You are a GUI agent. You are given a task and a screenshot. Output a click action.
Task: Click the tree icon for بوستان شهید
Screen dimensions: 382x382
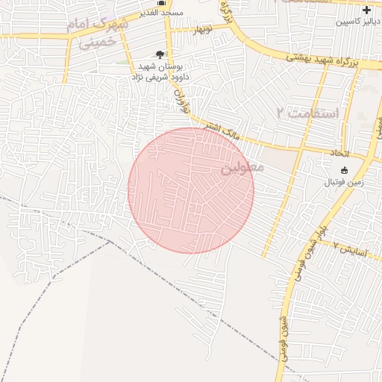click(160, 54)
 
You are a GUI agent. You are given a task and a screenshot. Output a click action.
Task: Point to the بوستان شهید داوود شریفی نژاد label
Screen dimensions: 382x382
click(160, 72)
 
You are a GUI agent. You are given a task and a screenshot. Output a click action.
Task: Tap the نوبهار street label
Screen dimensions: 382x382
click(204, 31)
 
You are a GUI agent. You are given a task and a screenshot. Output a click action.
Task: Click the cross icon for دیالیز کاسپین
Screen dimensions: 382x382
click(366, 10)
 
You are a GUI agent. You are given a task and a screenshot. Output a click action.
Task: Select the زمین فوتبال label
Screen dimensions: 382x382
click(342, 182)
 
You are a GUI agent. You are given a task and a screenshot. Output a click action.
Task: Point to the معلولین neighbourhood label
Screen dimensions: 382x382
click(242, 169)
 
